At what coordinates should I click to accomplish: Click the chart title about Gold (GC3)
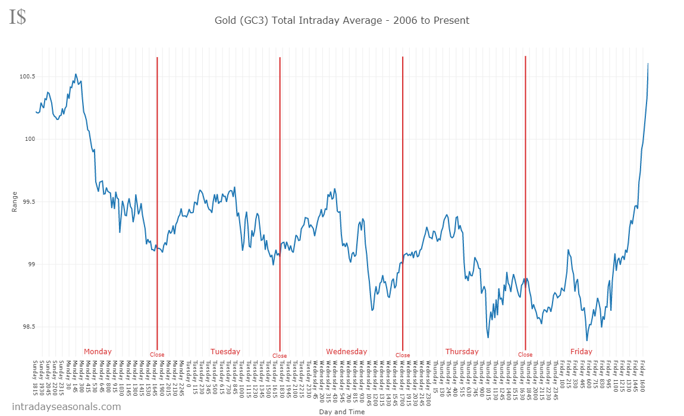(342, 21)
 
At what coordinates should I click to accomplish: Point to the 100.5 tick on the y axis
(27, 77)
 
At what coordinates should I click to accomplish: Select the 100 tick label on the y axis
(29, 139)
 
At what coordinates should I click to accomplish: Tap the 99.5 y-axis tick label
(29, 202)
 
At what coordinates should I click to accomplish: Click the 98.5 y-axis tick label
(29, 327)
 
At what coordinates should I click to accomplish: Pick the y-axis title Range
(15, 202)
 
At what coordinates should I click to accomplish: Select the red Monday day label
(98, 352)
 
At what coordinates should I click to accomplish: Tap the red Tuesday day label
(225, 352)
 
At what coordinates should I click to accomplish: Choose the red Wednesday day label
(347, 352)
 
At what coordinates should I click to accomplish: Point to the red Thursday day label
(462, 352)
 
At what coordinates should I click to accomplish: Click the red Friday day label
(581, 352)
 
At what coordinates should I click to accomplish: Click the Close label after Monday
(157, 355)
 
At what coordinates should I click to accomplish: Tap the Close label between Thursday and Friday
(525, 355)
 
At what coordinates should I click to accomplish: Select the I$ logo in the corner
(17, 17)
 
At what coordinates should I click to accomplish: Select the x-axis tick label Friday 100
(562, 373)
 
